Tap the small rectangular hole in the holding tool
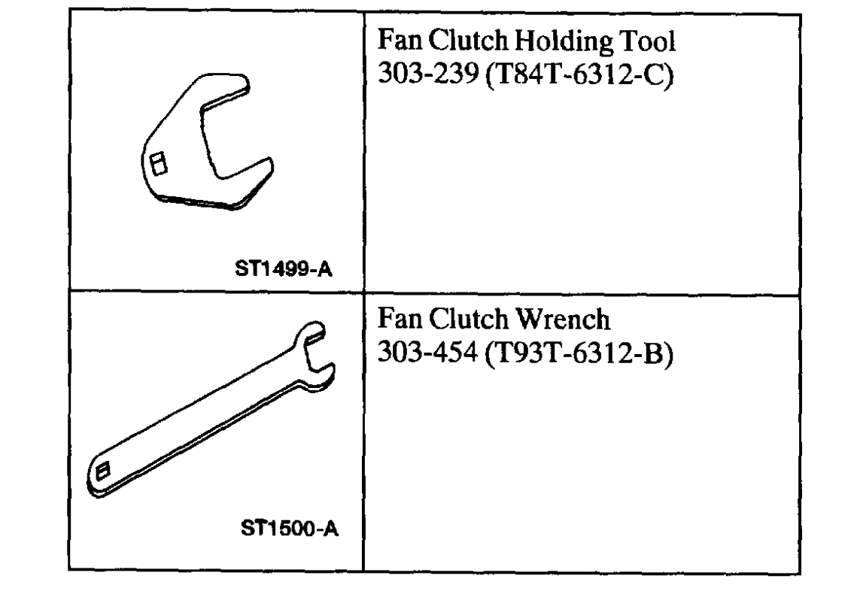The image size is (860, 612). point(158,163)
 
